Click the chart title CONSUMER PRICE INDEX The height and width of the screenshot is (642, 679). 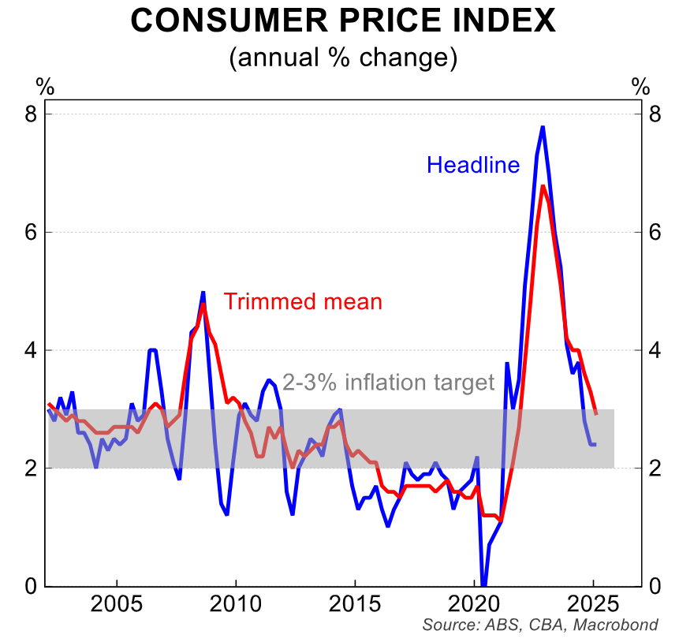[x=343, y=21]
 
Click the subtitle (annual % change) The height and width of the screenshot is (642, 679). [x=343, y=58]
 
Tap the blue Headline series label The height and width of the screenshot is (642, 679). [x=473, y=165]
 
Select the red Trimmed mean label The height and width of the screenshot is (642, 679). [x=303, y=301]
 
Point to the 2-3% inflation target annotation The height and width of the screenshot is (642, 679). [x=388, y=383]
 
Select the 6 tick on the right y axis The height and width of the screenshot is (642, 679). [x=655, y=232]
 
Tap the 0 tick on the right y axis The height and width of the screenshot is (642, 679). [x=655, y=585]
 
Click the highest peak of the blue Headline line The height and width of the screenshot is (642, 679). [x=543, y=127]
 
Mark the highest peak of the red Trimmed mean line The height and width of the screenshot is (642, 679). [x=543, y=186]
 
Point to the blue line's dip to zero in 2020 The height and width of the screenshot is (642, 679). [x=483, y=583]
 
